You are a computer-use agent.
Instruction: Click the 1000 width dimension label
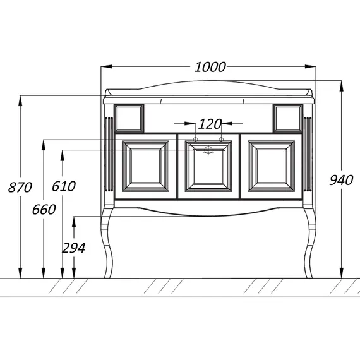coord(210,67)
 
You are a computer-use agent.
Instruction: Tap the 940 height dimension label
coord(341,180)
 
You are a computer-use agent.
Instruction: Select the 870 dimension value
coord(20,187)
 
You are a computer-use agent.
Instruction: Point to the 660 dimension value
coord(44,210)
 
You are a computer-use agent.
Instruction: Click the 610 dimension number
coord(64,186)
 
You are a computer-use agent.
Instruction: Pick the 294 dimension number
coord(74,248)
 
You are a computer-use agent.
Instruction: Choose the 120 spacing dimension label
coord(210,124)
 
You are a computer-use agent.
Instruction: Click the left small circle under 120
coord(195,140)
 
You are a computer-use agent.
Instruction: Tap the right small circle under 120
coord(221,140)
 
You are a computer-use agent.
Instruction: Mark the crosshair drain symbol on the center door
coord(208,150)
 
